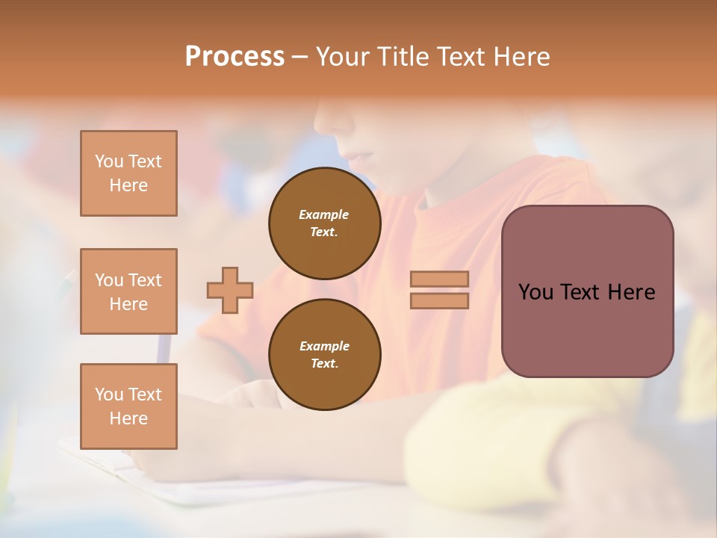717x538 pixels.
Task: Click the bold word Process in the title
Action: coord(235,57)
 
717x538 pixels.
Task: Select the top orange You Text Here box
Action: coord(128,173)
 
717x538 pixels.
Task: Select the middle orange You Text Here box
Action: coord(128,291)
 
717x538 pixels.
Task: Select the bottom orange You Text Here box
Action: coord(128,406)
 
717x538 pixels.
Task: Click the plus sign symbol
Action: coord(230,290)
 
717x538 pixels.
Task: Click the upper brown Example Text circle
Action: coord(325,223)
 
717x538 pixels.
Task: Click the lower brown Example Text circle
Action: coord(325,355)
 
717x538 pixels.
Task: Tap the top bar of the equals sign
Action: coord(439,279)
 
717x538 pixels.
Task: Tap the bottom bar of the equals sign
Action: coord(439,301)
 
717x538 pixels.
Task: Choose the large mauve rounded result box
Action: coord(587,291)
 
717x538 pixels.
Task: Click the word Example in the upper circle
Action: coord(324,215)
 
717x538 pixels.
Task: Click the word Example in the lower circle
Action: coord(324,347)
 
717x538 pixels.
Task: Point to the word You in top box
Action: coord(108,161)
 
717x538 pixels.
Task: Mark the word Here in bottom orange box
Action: coord(128,418)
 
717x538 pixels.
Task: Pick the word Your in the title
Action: coord(344,57)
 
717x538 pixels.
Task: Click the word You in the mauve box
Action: coord(536,292)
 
